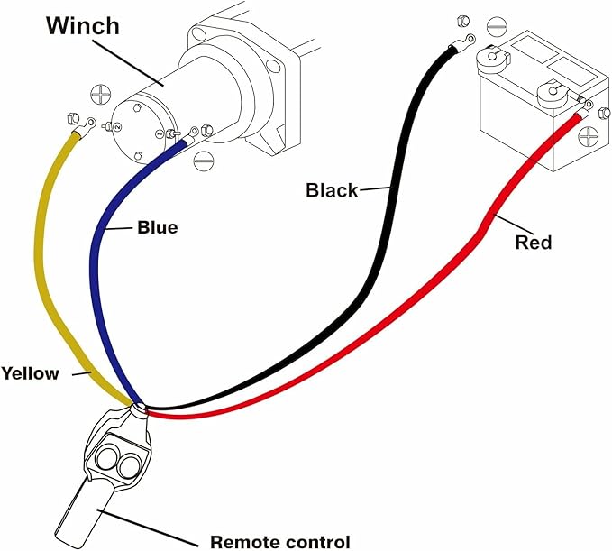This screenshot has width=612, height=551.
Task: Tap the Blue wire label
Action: (157, 227)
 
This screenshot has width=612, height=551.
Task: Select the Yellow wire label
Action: (30, 372)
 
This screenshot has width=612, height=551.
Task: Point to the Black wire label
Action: (331, 189)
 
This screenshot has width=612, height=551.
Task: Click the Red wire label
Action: (533, 242)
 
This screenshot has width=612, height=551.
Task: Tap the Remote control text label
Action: (279, 541)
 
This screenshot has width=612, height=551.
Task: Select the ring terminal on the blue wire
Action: (192, 135)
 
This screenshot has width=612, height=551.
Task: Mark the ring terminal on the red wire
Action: (583, 113)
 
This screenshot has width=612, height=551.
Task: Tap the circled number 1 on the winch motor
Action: (160, 134)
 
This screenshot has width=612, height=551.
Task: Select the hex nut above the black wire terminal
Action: (462, 20)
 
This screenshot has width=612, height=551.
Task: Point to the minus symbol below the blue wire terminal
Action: (204, 161)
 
